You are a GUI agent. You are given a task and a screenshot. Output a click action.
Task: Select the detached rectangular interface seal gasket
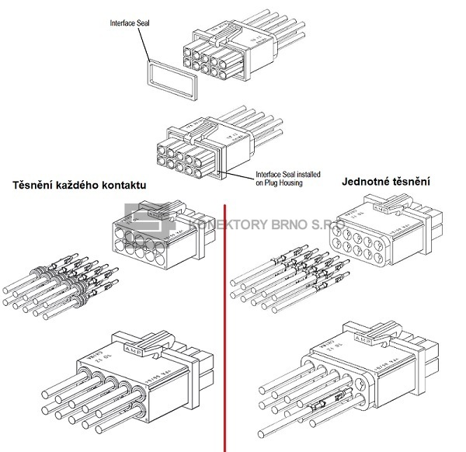[x=167, y=77]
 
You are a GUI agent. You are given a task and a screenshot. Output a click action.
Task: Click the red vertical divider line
[x=224, y=326]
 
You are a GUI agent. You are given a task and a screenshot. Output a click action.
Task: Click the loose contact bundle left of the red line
[x=62, y=283]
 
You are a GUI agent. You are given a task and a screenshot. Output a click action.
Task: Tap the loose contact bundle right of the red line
[x=291, y=280]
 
